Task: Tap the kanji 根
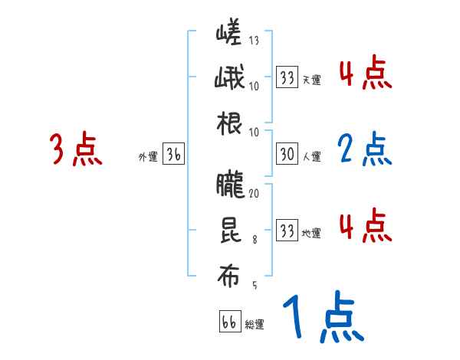coord(229,125)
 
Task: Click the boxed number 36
coord(173,155)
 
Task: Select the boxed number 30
coord(287,155)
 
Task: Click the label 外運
coord(147,157)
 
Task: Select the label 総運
coord(254,325)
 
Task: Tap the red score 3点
coord(76,149)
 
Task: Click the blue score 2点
coord(363,149)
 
